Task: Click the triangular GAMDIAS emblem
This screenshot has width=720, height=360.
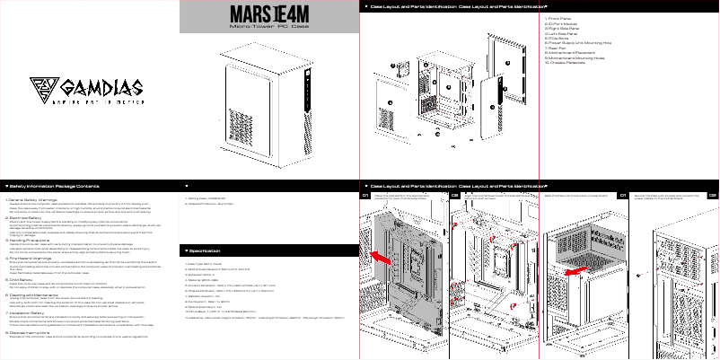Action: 43,88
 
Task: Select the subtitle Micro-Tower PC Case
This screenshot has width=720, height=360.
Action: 269,29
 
